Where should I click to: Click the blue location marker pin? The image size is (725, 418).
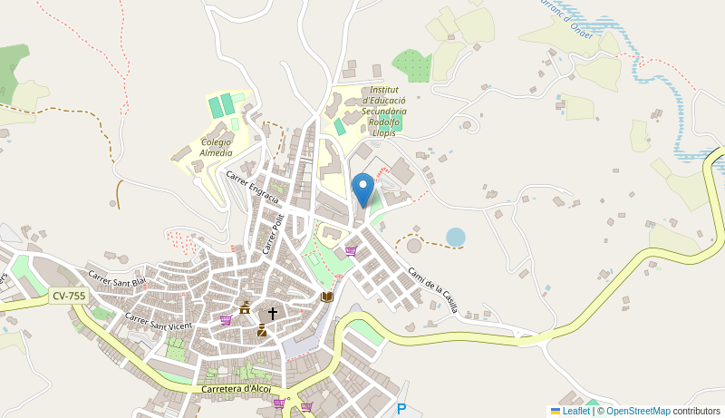(362, 189)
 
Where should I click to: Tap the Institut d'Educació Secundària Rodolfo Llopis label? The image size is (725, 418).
(384, 112)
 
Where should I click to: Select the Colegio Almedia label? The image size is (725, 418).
(217, 148)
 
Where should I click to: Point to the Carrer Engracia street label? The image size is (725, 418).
(252, 187)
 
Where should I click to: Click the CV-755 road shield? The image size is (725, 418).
(68, 296)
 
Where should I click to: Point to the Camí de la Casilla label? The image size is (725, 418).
(431, 289)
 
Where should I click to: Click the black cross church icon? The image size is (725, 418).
(272, 314)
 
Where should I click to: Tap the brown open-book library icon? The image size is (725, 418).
(326, 296)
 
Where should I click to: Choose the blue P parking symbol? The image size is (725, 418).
(401, 409)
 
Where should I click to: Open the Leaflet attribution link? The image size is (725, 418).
(575, 411)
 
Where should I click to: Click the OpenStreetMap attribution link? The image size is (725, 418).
(638, 411)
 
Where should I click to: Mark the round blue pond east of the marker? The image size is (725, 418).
(455, 237)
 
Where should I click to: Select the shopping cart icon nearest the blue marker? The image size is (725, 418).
(351, 251)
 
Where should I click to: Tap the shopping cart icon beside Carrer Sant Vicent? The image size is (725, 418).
(226, 320)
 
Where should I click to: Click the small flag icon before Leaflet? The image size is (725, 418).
(556, 411)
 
